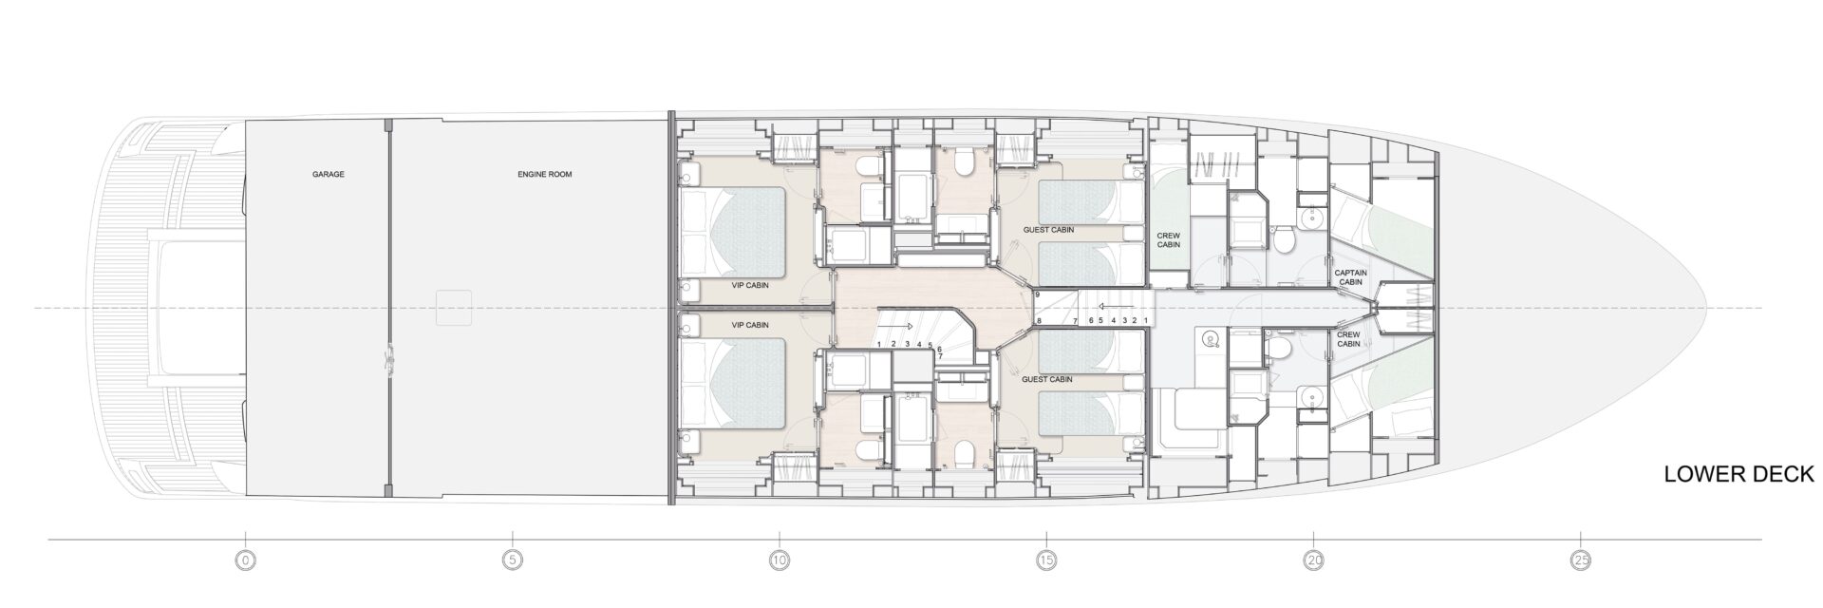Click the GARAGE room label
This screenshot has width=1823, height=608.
click(x=328, y=175)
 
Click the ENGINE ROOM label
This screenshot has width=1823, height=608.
click(x=545, y=175)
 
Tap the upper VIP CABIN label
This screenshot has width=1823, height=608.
click(x=750, y=285)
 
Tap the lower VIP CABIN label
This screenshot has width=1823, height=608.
click(x=750, y=325)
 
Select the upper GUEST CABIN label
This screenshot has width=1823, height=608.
click(x=1047, y=231)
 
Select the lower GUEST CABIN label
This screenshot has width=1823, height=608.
click(x=1047, y=379)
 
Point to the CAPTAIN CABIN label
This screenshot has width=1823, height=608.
click(x=1350, y=277)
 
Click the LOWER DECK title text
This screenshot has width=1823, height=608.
click(x=1739, y=475)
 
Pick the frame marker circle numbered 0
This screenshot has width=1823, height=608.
click(x=246, y=561)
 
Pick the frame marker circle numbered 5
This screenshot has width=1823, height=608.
click(x=513, y=561)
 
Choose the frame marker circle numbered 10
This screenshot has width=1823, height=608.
click(x=780, y=561)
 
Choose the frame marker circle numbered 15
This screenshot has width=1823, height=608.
click(x=1046, y=561)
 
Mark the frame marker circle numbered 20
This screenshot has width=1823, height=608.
click(x=1313, y=561)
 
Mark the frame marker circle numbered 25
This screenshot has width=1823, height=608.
click(x=1580, y=561)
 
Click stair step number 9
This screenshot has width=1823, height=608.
click(x=1039, y=295)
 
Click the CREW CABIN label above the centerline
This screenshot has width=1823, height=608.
click(x=1168, y=239)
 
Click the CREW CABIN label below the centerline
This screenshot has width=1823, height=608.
click(x=1348, y=339)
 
